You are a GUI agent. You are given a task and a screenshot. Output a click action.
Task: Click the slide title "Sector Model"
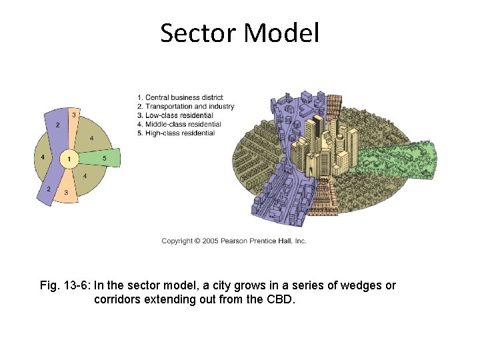[239, 33]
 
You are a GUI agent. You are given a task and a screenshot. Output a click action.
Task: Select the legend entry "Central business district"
[180, 98]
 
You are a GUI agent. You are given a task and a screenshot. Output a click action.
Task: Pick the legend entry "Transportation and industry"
[185, 107]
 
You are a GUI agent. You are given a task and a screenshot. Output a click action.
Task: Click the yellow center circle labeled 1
[69, 159]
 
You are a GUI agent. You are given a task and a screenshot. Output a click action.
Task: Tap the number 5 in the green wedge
[105, 158]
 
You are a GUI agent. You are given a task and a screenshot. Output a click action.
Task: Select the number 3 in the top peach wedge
[74, 115]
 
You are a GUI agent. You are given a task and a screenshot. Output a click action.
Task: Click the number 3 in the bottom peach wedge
[66, 193]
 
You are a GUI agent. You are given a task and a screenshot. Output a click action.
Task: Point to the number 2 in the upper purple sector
[57, 125]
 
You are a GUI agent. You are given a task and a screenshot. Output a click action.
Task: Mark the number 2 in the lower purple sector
[49, 189]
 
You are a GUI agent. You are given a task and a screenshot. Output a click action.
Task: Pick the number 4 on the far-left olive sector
[43, 157]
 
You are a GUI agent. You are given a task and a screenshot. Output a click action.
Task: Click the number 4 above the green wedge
[91, 138]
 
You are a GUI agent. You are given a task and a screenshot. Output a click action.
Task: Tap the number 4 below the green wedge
[84, 176]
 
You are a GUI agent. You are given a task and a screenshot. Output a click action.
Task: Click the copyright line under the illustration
[233, 241]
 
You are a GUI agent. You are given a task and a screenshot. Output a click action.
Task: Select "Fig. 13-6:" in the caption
[65, 286]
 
